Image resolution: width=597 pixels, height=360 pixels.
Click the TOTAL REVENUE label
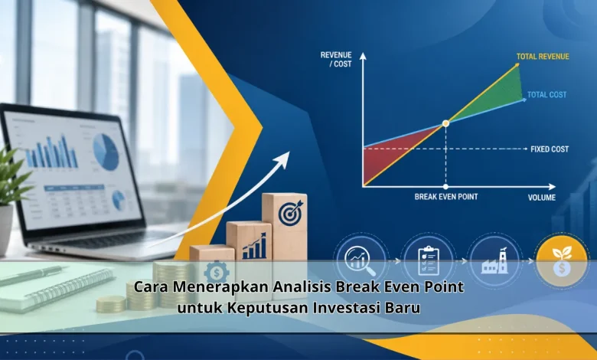click(543, 57)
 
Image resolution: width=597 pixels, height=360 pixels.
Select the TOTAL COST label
click(546, 95)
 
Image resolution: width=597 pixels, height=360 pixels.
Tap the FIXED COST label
click(550, 149)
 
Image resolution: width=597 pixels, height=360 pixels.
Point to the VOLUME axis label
click(541, 198)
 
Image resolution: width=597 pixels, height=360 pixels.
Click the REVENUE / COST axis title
click(336, 60)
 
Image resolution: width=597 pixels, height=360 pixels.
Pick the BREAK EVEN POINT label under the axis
click(446, 197)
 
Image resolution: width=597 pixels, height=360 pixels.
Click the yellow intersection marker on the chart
click(446, 123)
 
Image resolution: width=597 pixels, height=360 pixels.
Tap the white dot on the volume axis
click(446, 187)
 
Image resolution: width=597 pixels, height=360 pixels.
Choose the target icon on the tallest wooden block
click(290, 213)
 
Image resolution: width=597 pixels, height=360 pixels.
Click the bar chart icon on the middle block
click(254, 247)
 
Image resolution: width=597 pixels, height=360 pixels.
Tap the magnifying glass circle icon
click(360, 260)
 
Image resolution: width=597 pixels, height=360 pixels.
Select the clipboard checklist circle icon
click(429, 260)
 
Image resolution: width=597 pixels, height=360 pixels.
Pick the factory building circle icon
click(494, 260)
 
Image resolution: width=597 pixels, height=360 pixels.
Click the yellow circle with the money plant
click(562, 260)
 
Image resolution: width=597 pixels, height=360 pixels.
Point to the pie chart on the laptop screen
click(106, 152)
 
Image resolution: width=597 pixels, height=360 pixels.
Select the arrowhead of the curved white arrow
click(283, 158)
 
